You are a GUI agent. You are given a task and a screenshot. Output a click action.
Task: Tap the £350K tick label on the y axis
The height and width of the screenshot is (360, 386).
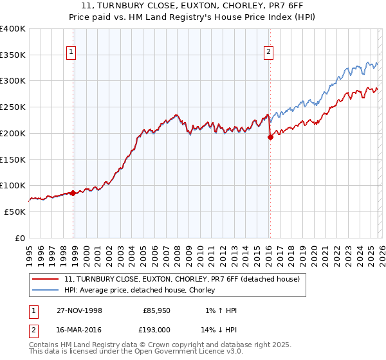click(x=13, y=55)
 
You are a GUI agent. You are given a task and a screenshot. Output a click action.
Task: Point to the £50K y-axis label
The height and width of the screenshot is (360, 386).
click(x=14, y=212)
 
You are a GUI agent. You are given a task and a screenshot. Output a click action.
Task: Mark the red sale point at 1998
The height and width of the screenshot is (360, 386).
click(x=73, y=193)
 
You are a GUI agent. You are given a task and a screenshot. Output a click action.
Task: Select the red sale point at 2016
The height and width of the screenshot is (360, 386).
click(x=270, y=137)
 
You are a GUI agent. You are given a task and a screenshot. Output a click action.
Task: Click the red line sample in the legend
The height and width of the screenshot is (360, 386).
click(x=46, y=279)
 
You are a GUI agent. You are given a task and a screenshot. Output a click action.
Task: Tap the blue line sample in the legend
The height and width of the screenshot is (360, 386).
click(x=46, y=290)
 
